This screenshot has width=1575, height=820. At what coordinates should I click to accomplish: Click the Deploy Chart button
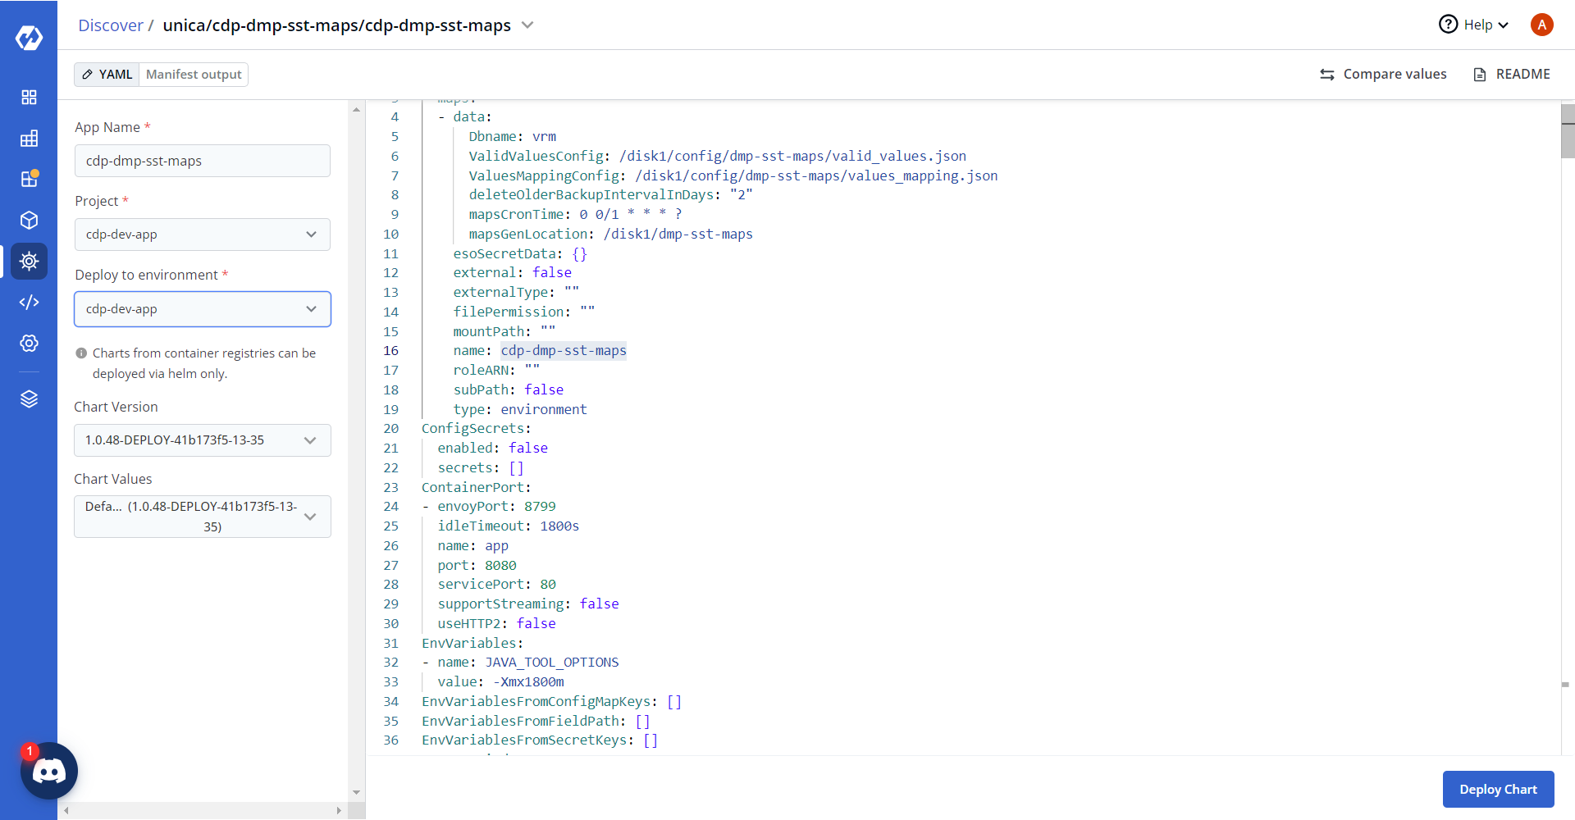(1498, 789)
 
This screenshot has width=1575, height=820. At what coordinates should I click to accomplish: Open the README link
(1512, 75)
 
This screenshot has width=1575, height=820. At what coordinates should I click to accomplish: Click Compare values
(1383, 75)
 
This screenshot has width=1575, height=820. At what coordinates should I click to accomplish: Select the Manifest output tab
(194, 75)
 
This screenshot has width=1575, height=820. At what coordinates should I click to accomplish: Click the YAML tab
(107, 75)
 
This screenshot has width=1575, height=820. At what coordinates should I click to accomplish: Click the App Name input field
(203, 161)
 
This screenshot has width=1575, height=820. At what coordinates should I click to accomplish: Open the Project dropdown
(203, 235)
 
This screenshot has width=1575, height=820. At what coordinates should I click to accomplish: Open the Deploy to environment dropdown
(203, 309)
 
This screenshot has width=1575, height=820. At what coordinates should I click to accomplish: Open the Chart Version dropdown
(203, 440)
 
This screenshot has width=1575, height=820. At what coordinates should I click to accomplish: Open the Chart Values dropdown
(203, 517)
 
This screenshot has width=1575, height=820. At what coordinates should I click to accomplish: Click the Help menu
(1474, 25)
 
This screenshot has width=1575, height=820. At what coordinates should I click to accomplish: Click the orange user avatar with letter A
(1542, 25)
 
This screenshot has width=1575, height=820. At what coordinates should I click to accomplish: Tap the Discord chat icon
(49, 771)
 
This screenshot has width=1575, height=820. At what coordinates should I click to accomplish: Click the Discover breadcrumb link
(111, 25)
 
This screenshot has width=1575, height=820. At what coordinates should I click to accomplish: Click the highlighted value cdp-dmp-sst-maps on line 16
(564, 351)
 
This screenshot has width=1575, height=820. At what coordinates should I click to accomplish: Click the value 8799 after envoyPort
(540, 507)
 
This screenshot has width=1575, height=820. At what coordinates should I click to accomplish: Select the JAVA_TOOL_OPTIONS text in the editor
(552, 663)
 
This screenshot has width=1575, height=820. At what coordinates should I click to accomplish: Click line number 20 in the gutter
(391, 429)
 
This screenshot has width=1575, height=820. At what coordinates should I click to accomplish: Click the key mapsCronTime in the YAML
(516, 214)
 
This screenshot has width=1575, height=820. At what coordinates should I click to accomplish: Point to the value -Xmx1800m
(529, 682)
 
